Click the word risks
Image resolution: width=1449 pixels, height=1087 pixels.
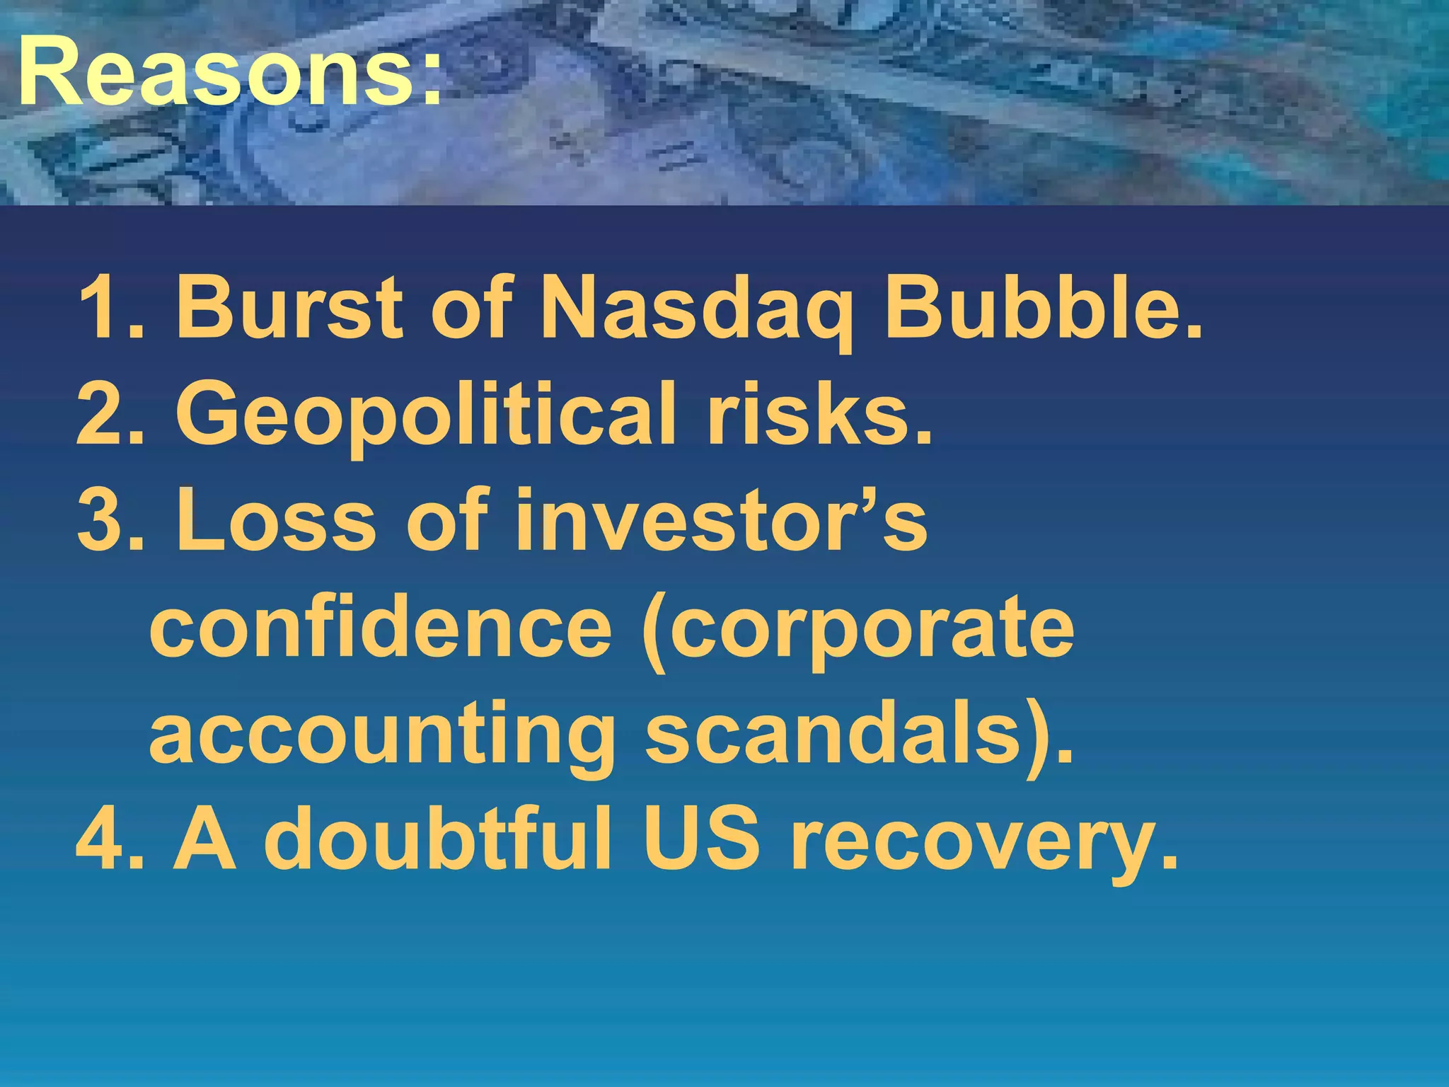(x=820, y=414)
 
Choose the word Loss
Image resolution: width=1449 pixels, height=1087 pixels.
(x=276, y=520)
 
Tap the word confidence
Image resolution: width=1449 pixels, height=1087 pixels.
(x=381, y=626)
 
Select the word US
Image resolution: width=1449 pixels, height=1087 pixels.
(x=700, y=840)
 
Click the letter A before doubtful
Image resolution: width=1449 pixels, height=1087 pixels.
(x=205, y=840)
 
